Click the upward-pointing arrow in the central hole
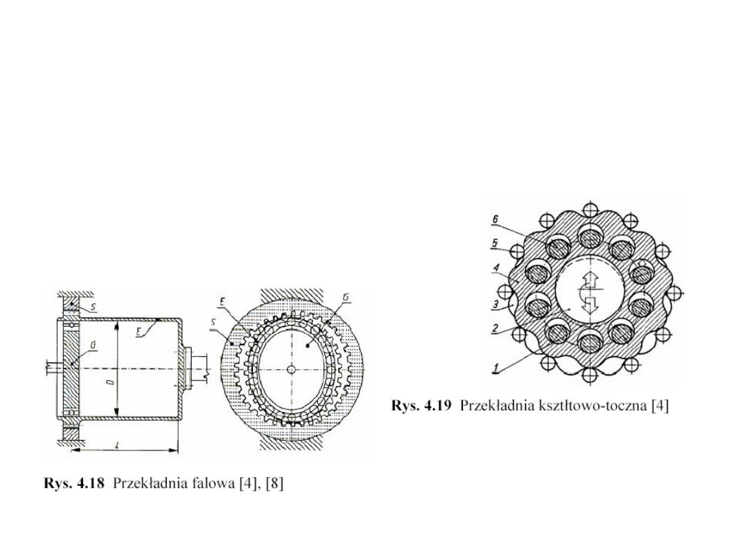click(587, 282)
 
